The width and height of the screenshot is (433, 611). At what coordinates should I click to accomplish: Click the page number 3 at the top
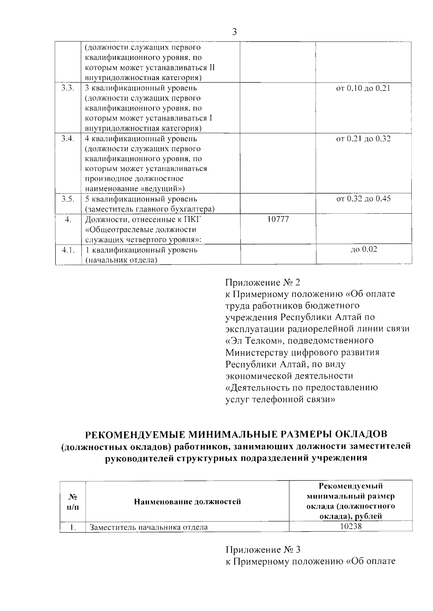click(235, 32)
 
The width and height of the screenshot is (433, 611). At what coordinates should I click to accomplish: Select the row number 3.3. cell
click(68, 88)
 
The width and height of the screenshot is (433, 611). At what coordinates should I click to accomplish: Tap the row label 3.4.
click(68, 139)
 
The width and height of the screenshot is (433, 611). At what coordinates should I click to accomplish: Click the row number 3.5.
click(68, 199)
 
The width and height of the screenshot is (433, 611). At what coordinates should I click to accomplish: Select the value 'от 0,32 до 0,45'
click(363, 199)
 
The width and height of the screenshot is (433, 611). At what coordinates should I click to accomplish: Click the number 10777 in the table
click(278, 219)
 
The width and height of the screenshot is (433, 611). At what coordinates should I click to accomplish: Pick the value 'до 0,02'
click(364, 249)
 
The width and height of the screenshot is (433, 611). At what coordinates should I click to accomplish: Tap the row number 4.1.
click(68, 250)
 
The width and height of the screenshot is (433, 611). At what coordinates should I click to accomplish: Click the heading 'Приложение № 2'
click(263, 282)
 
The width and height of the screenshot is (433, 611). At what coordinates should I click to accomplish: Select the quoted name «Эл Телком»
click(253, 340)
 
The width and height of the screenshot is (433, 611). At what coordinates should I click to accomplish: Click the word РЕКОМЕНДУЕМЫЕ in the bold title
click(134, 434)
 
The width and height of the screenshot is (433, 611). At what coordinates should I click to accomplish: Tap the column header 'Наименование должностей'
click(187, 502)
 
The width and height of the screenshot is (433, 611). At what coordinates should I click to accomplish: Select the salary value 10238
click(351, 527)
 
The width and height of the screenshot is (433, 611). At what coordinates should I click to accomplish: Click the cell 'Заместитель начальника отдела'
click(149, 527)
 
